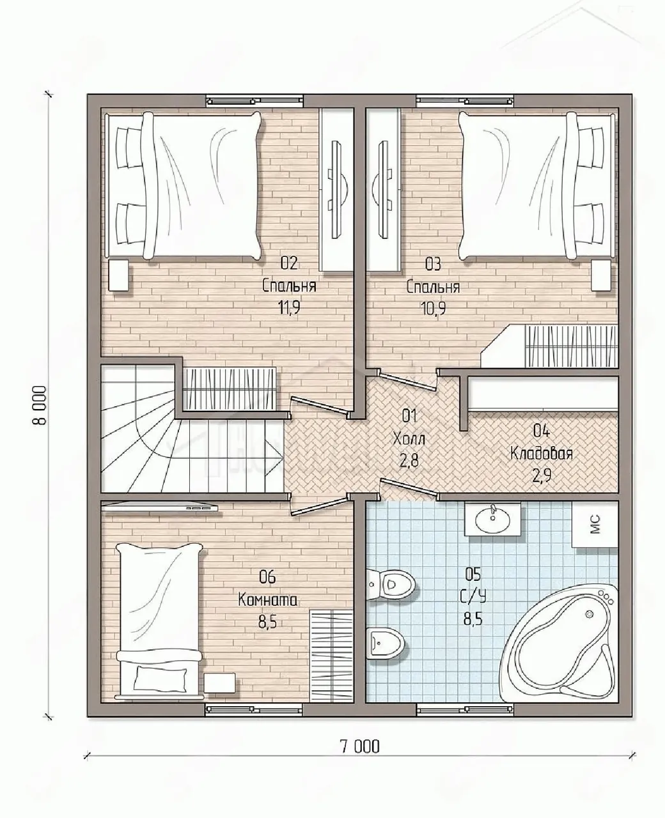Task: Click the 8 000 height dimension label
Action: (x=40, y=406)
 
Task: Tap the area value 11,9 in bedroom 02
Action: (x=288, y=307)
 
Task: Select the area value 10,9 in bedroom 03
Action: (x=434, y=308)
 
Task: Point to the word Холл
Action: (x=409, y=438)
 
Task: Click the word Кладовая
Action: (x=542, y=454)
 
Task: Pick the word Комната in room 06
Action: (x=267, y=600)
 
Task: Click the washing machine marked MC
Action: (x=595, y=524)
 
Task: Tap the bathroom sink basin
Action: (x=493, y=520)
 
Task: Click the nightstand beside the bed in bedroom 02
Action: (x=118, y=275)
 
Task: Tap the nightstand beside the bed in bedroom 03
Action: (x=601, y=275)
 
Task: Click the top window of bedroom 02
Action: (x=254, y=101)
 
